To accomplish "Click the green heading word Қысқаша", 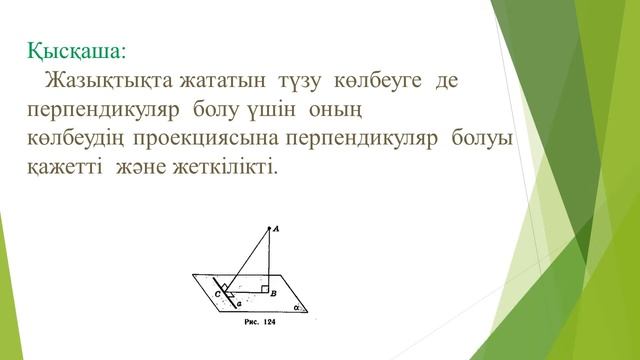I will click(x=85, y=48).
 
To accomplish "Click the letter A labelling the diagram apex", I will click(x=275, y=229).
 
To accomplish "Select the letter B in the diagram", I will click(x=273, y=294).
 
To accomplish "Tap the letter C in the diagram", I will click(x=217, y=295).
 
